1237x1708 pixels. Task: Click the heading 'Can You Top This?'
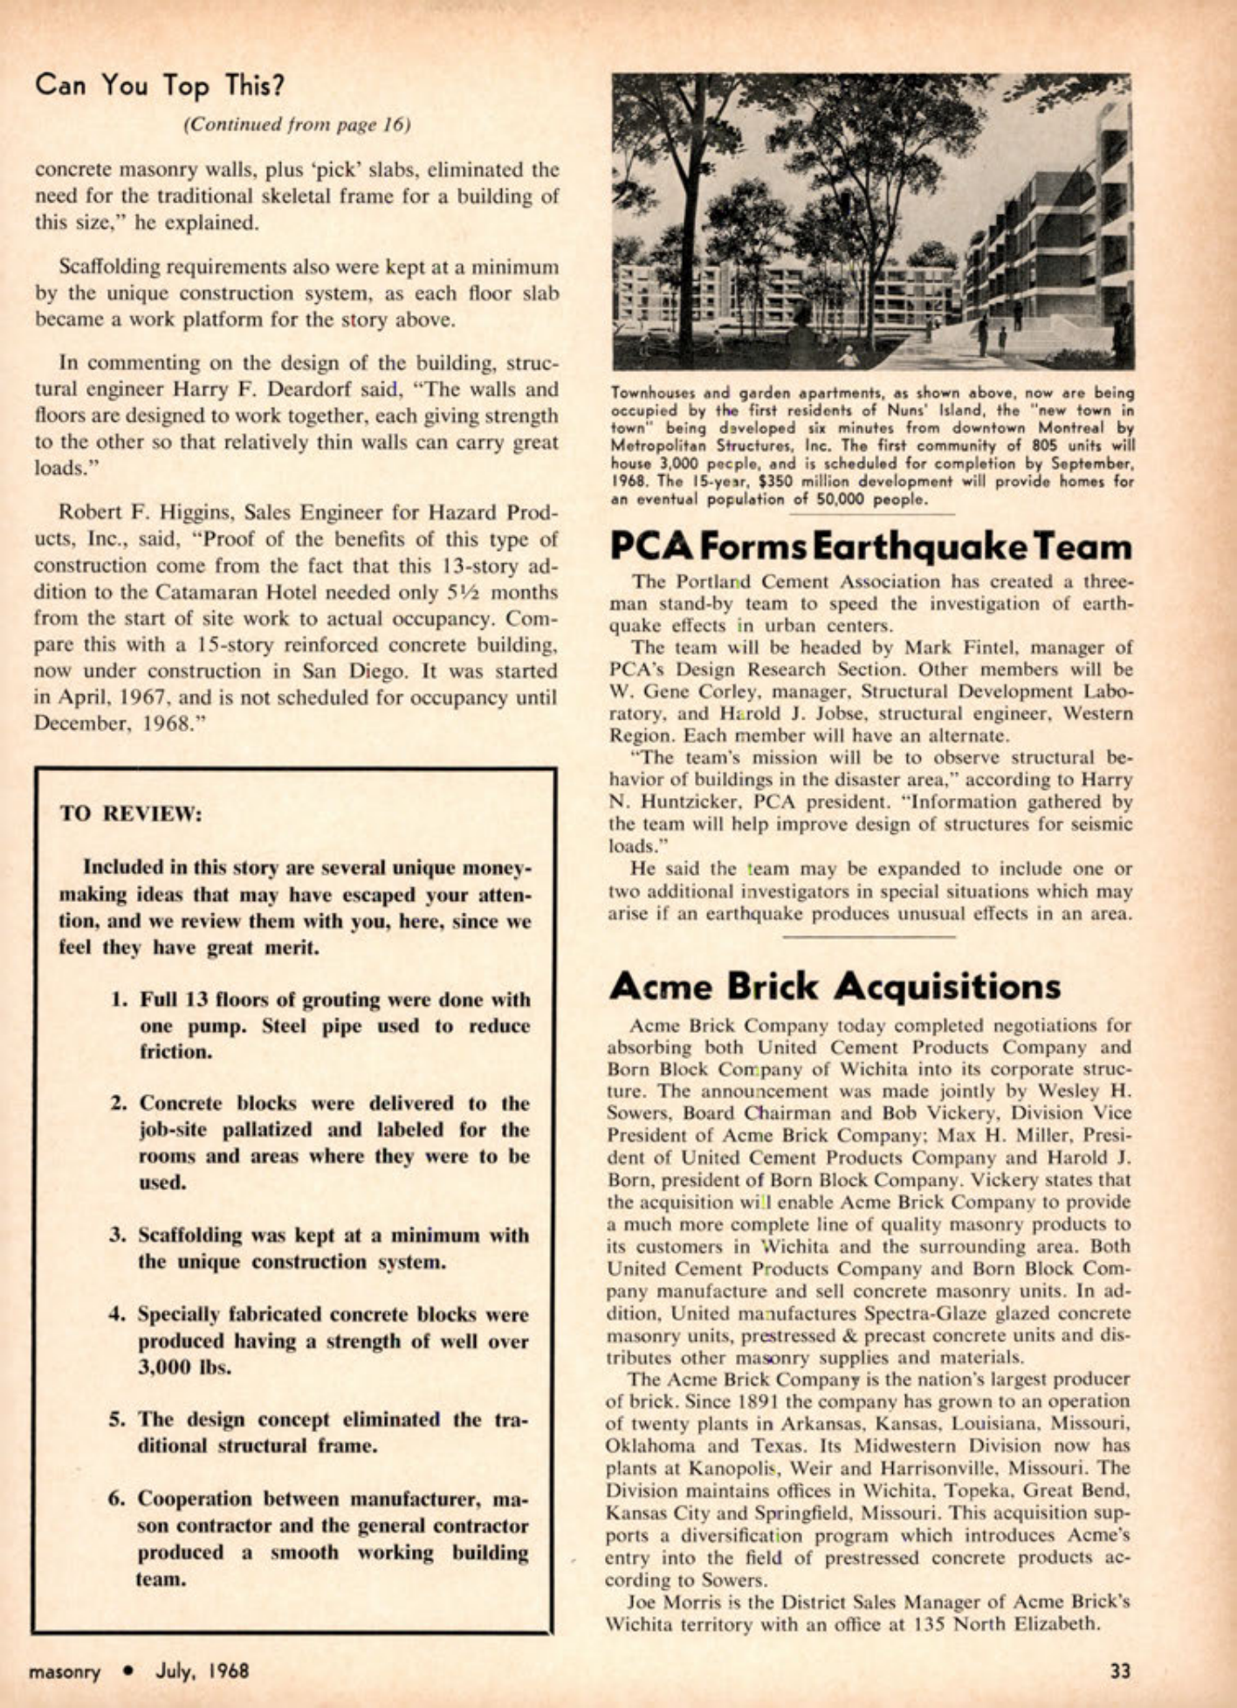coord(160,86)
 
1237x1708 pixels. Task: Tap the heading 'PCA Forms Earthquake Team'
coord(870,548)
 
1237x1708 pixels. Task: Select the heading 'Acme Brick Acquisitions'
coord(835,986)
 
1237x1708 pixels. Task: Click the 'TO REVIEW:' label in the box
coord(131,814)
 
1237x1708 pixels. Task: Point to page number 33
coord(1120,1670)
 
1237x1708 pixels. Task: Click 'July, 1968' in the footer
coord(202,1670)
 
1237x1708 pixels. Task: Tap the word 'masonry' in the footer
coord(65,1671)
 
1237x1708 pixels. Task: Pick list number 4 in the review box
coord(119,1314)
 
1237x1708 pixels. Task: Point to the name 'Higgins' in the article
coord(196,512)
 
